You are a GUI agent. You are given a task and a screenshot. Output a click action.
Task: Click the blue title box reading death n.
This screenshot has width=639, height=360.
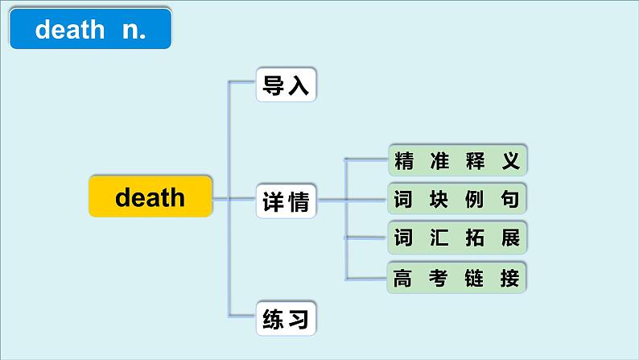point(91,30)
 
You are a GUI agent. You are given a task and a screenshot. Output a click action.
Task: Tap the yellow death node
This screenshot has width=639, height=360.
point(150,197)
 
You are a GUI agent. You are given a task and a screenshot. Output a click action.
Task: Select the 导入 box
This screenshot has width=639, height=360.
point(287,84)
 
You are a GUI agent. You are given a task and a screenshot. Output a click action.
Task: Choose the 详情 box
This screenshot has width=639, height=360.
point(287,202)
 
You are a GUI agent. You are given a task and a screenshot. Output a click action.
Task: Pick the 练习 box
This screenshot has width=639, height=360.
point(287,320)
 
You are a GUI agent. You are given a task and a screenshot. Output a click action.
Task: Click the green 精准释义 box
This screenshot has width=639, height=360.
point(457,161)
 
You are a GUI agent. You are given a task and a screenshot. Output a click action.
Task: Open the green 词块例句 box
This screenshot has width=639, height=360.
point(457,199)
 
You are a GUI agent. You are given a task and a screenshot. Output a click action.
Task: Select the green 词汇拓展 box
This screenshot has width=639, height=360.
point(457,238)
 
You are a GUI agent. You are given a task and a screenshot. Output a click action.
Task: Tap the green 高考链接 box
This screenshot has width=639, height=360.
point(457,278)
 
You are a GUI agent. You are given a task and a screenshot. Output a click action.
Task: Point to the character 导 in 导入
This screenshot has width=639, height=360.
point(274,84)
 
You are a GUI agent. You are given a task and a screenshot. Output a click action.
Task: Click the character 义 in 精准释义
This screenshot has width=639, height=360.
point(510,161)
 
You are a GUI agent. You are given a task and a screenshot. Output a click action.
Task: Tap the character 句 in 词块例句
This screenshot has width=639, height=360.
point(510,199)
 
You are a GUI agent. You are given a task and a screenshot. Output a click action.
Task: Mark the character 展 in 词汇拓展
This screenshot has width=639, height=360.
point(510,238)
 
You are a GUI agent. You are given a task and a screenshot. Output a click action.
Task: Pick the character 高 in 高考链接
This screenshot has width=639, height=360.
point(403,278)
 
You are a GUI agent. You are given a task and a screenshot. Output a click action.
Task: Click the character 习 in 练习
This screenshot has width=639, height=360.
point(299,320)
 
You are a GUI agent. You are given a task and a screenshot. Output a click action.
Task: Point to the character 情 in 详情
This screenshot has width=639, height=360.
point(299,202)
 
